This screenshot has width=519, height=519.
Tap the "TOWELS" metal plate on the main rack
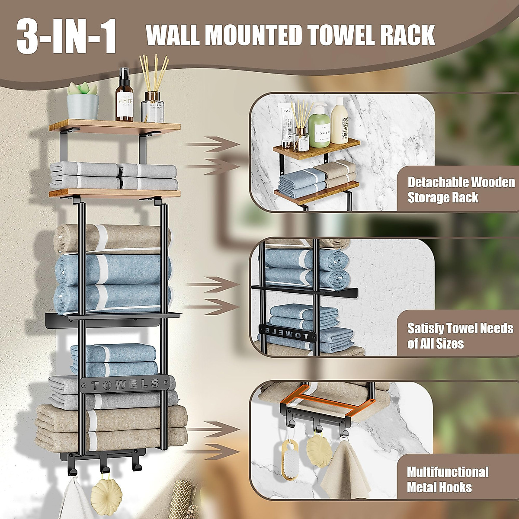(x=125, y=384)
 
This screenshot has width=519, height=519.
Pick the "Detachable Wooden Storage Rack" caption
(x=461, y=190)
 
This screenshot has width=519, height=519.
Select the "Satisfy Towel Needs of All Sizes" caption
(x=460, y=336)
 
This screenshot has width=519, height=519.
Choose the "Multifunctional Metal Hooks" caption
(x=447, y=479)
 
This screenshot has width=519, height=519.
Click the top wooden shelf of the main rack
(x=114, y=127)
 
